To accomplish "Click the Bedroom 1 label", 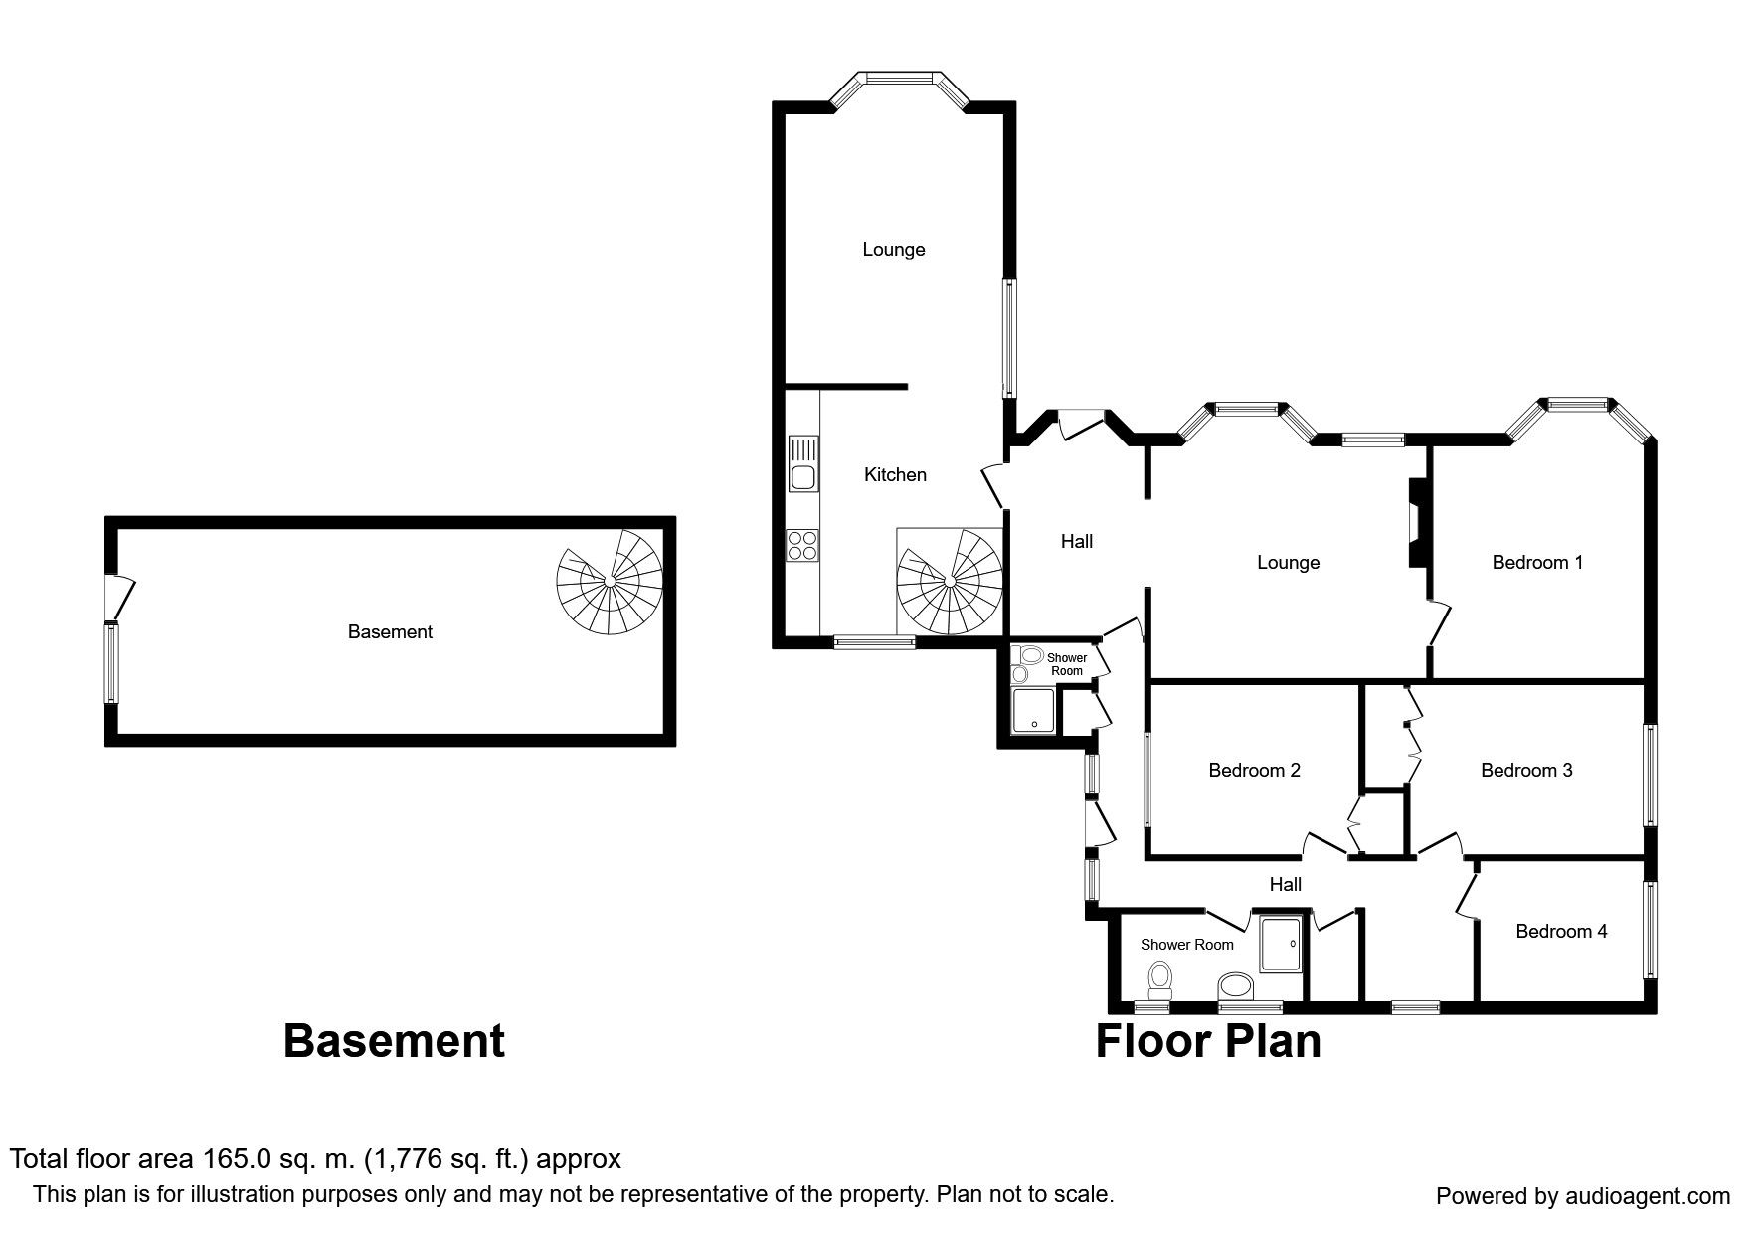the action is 1537,563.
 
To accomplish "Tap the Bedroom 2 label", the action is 1254,771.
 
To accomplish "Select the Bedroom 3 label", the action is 1526,771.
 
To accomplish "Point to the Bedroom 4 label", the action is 1561,932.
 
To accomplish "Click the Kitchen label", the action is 895,475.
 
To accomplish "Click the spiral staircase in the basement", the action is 609,582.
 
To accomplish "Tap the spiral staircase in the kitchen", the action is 950,582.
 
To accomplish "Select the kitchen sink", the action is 802,463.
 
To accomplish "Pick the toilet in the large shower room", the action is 1159,980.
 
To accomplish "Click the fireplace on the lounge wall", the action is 1416,523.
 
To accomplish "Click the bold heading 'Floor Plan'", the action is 1208,1042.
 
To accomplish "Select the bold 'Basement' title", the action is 394,1042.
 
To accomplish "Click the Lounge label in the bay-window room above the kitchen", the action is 894,250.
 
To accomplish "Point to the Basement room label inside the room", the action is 390,632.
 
